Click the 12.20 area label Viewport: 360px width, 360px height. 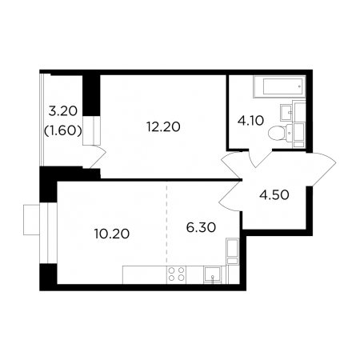point(163,126)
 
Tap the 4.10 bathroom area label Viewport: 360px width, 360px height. point(250,121)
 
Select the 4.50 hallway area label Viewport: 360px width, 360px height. point(274,195)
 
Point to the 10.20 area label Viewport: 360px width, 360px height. point(112,234)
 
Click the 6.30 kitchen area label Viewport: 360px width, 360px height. point(201,227)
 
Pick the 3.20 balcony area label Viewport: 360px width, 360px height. point(63,111)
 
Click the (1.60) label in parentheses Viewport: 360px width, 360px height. point(63,130)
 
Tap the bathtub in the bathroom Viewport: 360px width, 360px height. point(279,87)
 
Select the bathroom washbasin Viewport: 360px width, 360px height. point(286,112)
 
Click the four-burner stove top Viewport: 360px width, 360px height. point(177,274)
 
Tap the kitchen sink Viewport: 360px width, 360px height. point(212,274)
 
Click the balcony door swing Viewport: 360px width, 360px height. point(98,157)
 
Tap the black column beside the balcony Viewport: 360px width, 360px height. point(91,95)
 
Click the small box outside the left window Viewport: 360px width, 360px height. point(31,220)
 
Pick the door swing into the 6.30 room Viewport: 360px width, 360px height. point(230,195)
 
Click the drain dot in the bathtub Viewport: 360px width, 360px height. point(299,86)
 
